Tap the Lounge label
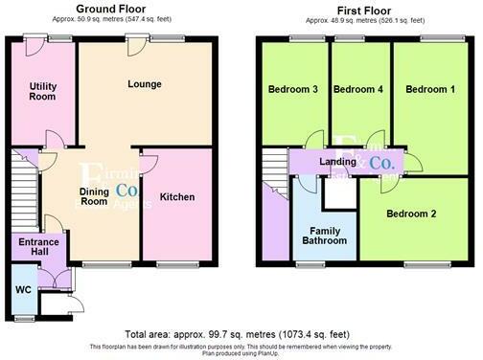coord(144,83)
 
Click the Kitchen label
coord(177,197)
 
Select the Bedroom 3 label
coord(293,89)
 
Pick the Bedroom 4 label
coord(358,89)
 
